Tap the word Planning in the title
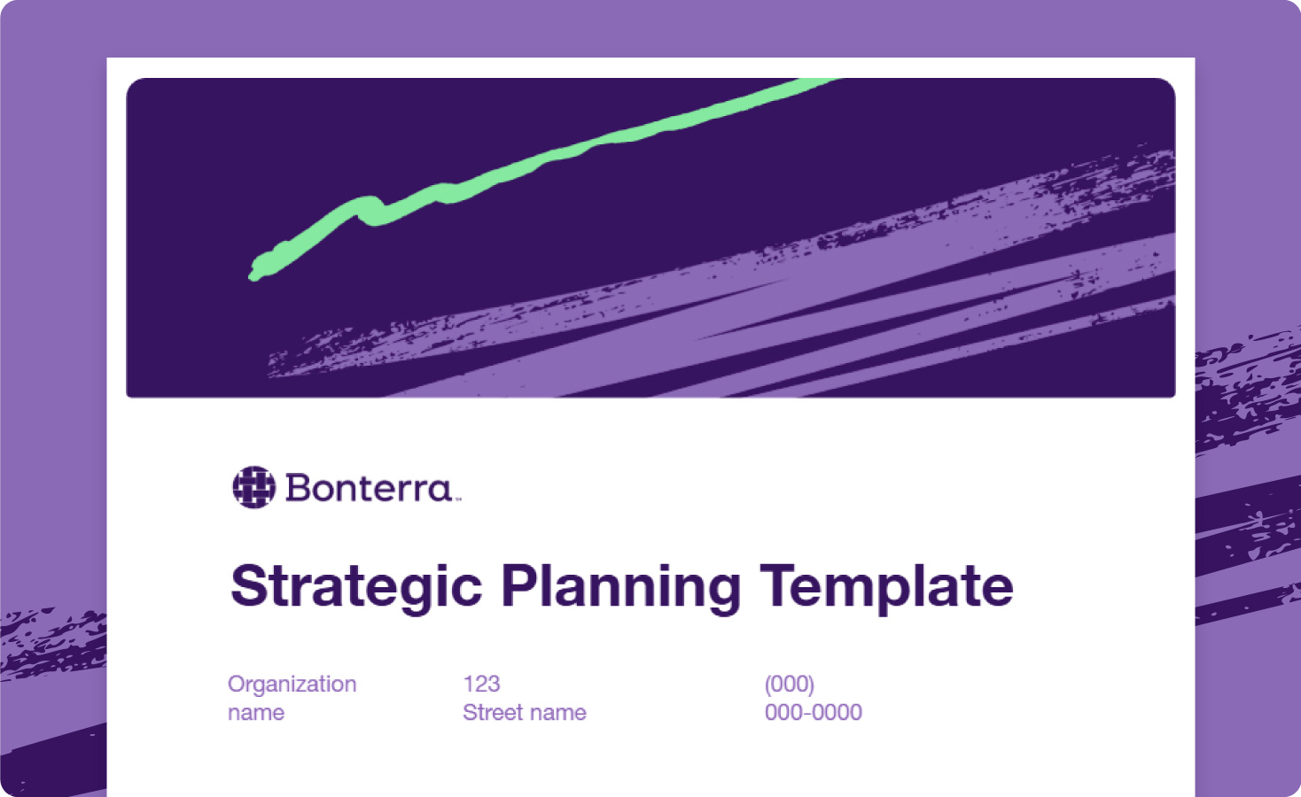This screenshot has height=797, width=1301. click(x=620, y=586)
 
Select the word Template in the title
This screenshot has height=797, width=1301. click(x=886, y=586)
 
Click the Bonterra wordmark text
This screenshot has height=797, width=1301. click(x=368, y=488)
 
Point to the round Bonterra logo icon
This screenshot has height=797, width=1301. click(x=253, y=487)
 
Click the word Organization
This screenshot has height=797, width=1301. click(x=292, y=684)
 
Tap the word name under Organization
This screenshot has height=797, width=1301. click(x=256, y=712)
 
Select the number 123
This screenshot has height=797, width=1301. click(x=481, y=684)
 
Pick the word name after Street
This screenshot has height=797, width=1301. click(x=557, y=712)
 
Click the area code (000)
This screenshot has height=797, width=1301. click(x=789, y=684)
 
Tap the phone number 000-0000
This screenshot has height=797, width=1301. click(x=813, y=712)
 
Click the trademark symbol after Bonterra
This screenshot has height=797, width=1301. click(x=458, y=499)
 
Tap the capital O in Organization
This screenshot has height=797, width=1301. click(x=236, y=684)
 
